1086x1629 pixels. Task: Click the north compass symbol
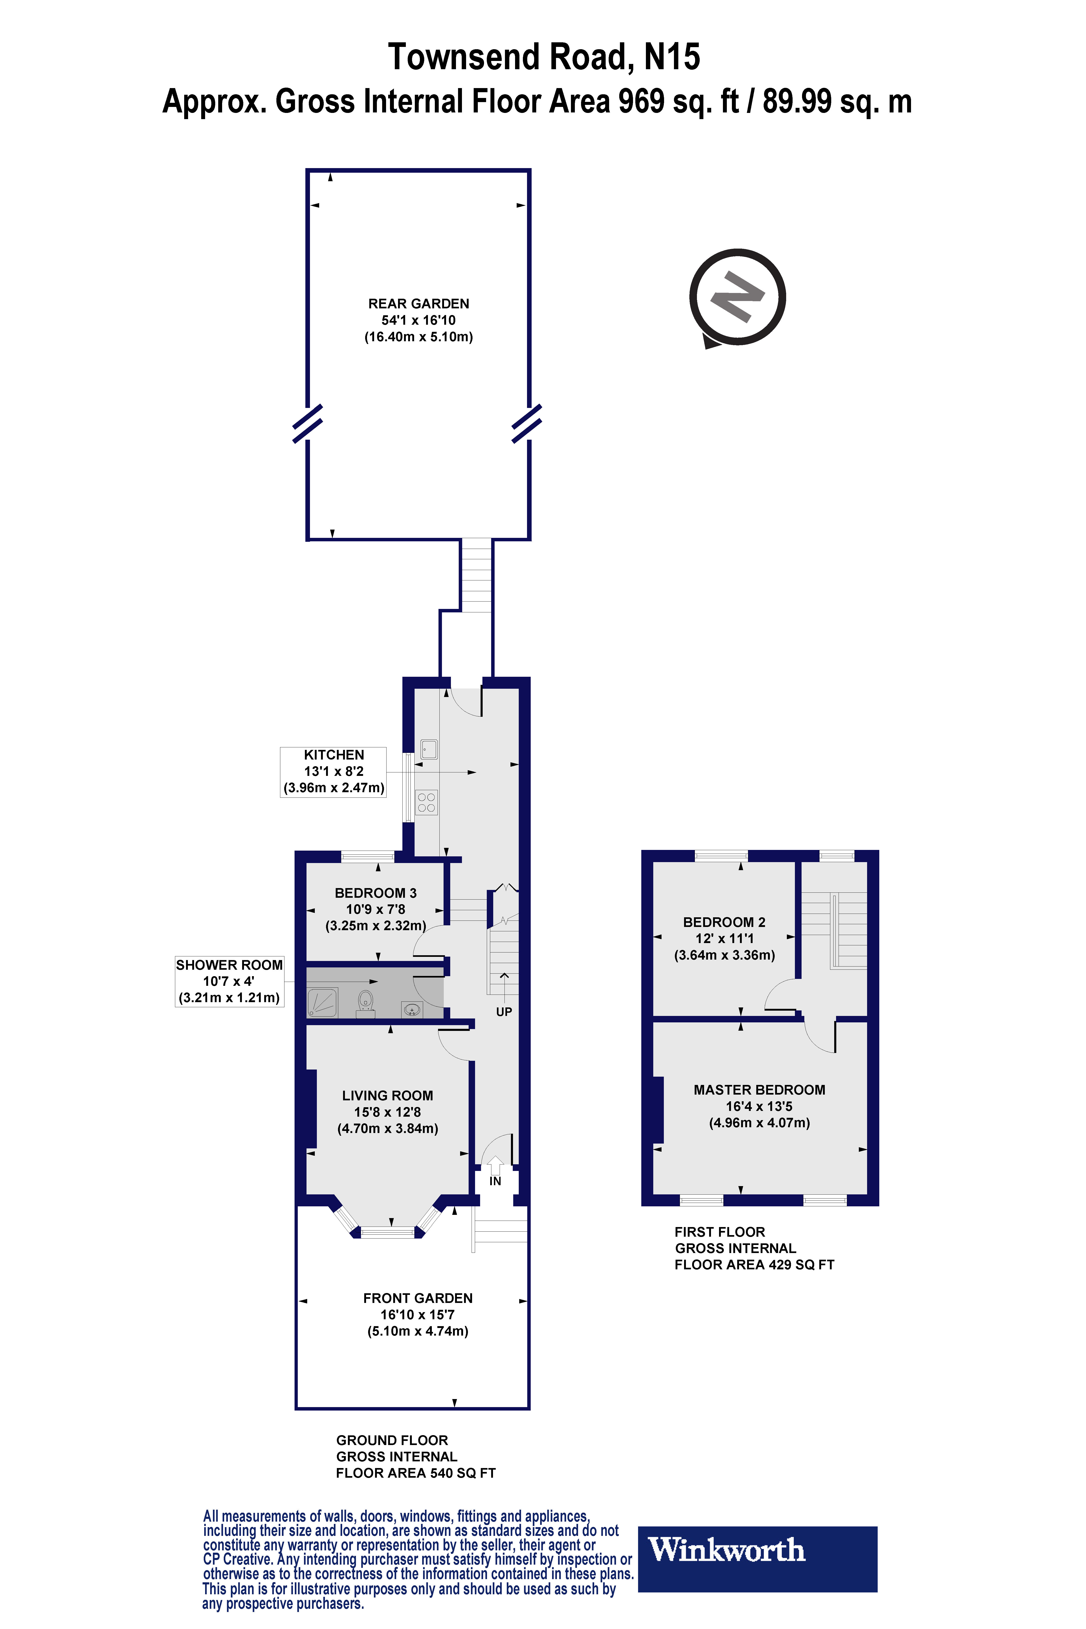(737, 297)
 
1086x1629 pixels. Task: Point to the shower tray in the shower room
(322, 1002)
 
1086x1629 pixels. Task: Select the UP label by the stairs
(504, 1012)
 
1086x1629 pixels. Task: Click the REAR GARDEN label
(418, 303)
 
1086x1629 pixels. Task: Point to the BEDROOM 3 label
(375, 893)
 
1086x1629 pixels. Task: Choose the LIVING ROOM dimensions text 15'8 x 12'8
(387, 1112)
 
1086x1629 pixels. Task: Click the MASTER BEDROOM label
(759, 1090)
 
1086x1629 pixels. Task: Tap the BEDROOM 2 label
(724, 922)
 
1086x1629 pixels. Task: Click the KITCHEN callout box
(333, 771)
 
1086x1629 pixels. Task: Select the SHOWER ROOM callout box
(229, 981)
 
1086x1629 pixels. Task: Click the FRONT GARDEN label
(418, 1298)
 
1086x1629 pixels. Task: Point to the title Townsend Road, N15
(544, 57)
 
